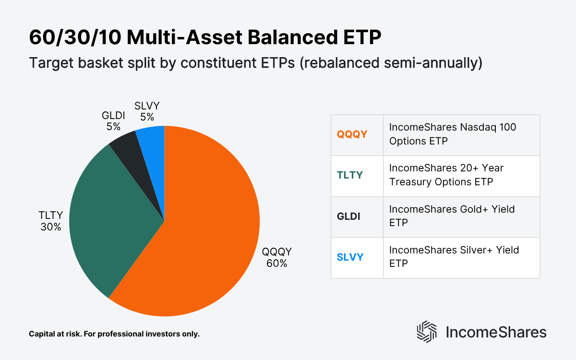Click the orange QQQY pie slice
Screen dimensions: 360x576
211,240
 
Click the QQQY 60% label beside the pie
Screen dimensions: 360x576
277,258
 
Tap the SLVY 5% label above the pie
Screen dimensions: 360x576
146,111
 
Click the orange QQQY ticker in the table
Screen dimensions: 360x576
352,135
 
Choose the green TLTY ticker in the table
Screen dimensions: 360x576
350,175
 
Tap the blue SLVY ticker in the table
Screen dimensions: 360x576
350,257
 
